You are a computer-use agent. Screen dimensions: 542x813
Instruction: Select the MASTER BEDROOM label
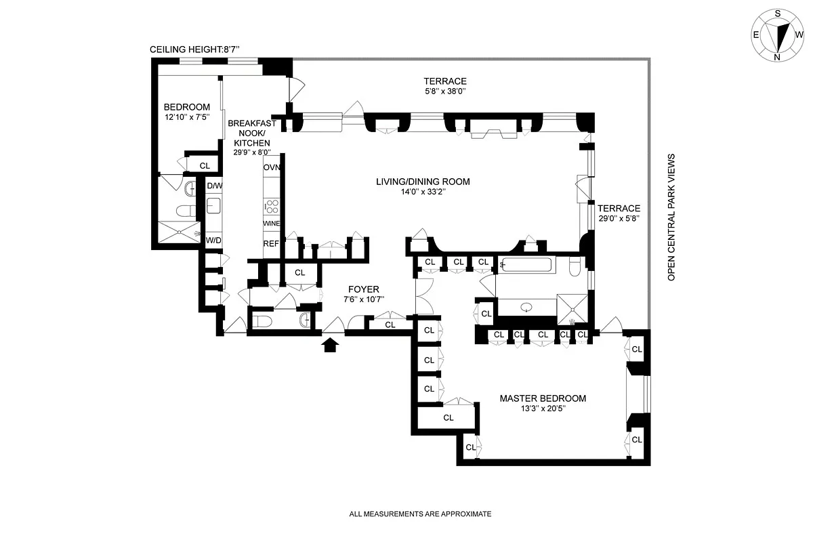(x=543, y=398)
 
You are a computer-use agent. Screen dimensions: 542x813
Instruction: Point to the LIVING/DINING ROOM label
(x=423, y=182)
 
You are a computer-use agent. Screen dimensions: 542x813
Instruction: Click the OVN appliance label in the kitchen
(x=272, y=167)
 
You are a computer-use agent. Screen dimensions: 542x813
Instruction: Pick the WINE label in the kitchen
(x=272, y=224)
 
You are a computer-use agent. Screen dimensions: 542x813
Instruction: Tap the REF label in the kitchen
(x=271, y=243)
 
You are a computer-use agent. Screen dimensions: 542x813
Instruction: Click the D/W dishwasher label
(x=214, y=186)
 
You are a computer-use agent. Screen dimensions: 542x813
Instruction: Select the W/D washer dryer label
(x=213, y=240)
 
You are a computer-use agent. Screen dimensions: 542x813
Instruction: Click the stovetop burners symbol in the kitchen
(x=271, y=205)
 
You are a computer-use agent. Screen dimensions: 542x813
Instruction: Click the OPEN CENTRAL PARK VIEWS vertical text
(x=672, y=217)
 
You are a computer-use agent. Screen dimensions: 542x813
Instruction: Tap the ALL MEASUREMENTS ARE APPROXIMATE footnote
(x=420, y=514)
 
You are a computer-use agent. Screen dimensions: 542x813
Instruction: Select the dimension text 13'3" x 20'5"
(x=543, y=409)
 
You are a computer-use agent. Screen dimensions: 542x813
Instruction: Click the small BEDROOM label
(x=187, y=107)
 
